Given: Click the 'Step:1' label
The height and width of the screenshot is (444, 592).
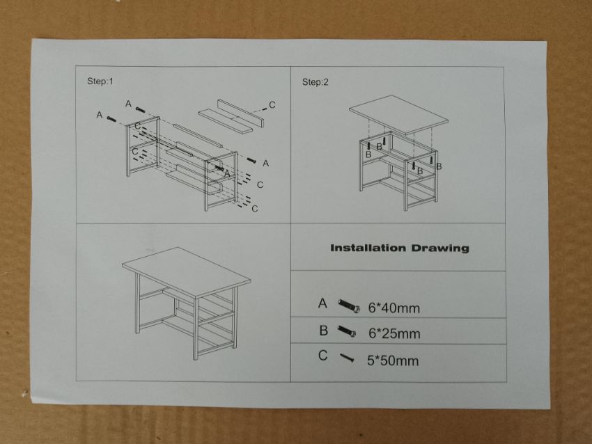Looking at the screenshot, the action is click(100, 81).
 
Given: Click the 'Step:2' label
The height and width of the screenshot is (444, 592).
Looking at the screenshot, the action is click(316, 82).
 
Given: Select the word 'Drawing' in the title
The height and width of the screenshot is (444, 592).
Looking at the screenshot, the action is click(440, 248).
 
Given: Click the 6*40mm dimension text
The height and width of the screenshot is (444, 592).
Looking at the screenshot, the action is click(394, 308).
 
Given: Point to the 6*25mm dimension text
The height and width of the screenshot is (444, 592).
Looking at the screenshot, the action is click(394, 333).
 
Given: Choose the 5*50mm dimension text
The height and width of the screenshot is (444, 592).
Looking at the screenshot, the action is click(393, 360).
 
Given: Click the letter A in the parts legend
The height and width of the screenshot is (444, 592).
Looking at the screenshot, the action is click(322, 303).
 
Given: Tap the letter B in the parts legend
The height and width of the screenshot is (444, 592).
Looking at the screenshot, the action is click(324, 331).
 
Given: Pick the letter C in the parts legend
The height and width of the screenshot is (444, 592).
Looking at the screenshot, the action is click(322, 356).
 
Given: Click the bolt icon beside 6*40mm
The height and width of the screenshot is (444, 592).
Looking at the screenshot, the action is click(349, 306).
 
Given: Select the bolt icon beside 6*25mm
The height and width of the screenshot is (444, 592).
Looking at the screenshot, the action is click(347, 331).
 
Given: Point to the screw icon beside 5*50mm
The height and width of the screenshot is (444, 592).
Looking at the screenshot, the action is click(347, 358).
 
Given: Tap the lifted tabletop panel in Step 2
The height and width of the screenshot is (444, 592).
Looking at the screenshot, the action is click(398, 116).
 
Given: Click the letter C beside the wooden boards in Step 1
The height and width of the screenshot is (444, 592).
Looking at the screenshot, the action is click(272, 105).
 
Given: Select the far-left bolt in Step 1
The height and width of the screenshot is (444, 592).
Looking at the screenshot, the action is click(111, 119).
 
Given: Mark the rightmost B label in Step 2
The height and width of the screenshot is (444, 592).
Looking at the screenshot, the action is click(439, 166).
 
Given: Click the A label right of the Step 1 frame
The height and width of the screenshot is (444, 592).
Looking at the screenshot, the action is click(266, 164).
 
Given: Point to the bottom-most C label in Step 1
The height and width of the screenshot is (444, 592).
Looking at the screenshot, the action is click(255, 209).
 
